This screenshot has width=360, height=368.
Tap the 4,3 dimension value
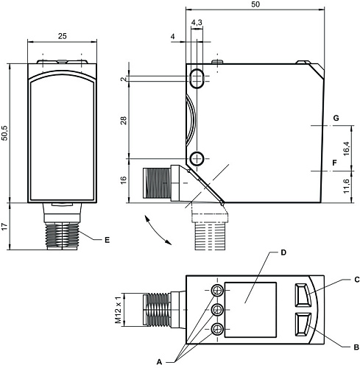pos(197,24)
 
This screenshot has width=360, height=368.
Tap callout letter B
pos(355,346)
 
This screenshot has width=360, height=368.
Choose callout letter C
pos(355,280)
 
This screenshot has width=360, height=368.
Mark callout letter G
pos(335,118)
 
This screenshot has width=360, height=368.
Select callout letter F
pos(335,163)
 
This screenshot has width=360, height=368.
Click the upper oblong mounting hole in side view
pos(197,78)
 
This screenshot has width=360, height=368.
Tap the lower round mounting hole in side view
pos(197,158)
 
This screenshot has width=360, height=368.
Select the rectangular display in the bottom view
pos(250,310)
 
